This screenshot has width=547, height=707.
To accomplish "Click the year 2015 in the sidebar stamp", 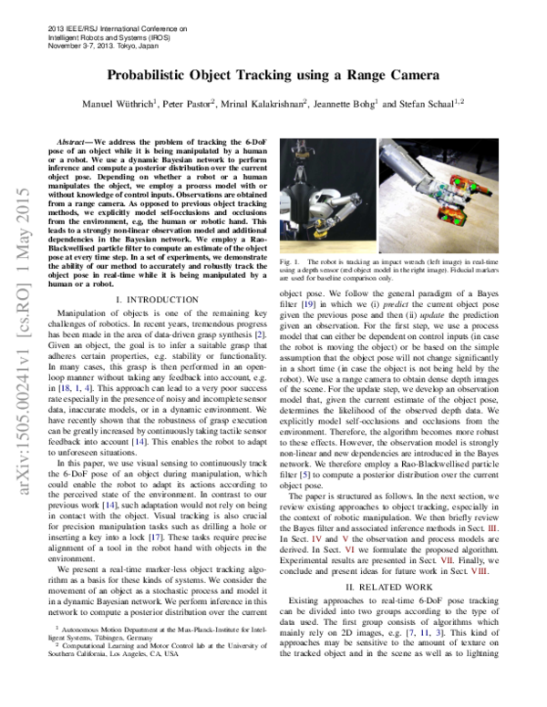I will click(24, 203).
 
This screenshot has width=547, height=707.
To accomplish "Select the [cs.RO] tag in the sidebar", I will click(24, 305).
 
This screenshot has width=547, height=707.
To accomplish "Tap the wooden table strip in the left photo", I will click(327, 247).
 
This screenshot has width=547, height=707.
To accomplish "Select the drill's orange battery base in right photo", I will click(452, 218).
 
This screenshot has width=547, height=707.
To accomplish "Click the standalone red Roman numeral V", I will click(346, 538).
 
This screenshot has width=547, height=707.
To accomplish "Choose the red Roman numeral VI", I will click(350, 549).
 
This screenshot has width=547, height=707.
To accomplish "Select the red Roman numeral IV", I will click(316, 538).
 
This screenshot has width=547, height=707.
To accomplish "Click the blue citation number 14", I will click(109, 505).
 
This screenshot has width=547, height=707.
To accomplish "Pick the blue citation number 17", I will click(155, 537).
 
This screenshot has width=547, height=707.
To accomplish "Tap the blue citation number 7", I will click(411, 632).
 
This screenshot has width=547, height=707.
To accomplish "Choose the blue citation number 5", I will click(439, 632).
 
